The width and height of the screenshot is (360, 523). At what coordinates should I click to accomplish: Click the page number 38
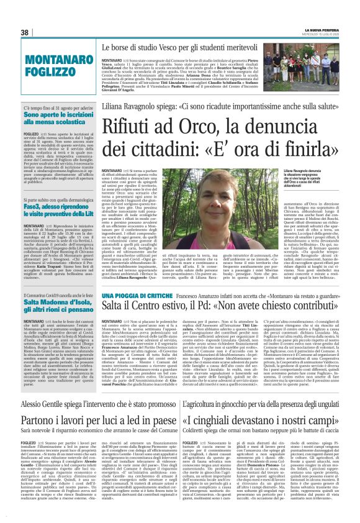(25, 32)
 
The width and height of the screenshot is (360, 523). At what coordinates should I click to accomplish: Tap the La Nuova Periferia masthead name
(323, 29)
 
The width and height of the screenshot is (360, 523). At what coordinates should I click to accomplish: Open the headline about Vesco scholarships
(220, 47)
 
